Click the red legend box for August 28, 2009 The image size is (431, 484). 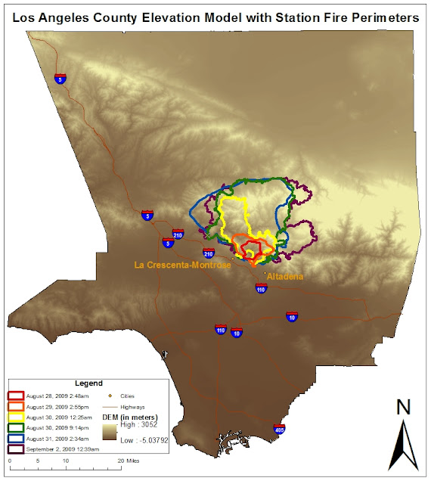(15, 396)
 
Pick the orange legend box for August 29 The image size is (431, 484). (15, 406)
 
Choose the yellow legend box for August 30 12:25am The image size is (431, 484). (15, 417)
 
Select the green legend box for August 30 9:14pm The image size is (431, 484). (15, 427)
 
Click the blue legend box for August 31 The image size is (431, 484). (15, 438)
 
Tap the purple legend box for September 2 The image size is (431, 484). (15, 448)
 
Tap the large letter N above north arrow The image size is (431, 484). (403, 408)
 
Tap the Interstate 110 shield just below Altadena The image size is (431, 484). (260, 289)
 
